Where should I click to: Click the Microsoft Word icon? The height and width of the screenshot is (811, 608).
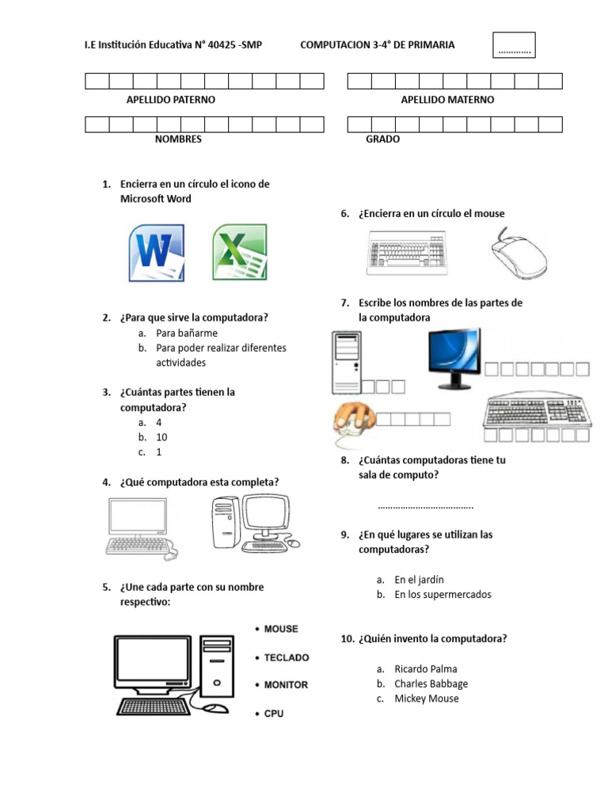157,253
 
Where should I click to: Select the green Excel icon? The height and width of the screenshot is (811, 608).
239,253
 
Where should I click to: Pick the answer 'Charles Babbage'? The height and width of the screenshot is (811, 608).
431,683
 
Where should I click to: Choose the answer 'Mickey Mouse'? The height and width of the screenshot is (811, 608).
426,699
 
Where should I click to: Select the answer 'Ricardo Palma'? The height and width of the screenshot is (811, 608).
425,669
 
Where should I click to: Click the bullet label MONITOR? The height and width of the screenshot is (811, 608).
286,685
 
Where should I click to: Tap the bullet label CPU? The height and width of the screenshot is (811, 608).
274,714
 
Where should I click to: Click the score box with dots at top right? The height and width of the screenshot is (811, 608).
515,46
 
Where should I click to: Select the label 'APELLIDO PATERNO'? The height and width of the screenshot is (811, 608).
171,100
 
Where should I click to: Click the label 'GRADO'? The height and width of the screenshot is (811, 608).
382,139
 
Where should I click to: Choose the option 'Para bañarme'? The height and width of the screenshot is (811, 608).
186,333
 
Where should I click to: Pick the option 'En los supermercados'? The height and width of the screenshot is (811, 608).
443,595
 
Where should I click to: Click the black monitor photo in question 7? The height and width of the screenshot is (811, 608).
453,357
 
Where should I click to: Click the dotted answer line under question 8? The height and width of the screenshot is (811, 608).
426,506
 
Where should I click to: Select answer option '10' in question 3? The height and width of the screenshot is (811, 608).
161,437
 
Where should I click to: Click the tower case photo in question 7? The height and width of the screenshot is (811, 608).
347,361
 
